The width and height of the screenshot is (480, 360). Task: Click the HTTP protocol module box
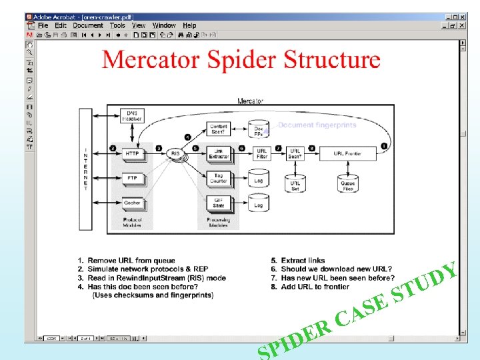(132, 154)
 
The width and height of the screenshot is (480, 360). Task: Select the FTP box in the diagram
(132, 178)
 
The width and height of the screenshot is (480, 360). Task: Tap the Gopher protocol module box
(132, 203)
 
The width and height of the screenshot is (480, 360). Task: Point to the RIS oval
(175, 154)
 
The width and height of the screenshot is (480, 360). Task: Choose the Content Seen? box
(219, 129)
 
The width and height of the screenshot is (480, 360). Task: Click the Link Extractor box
(219, 154)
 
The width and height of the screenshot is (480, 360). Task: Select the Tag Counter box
(219, 178)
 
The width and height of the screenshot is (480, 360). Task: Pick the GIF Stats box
(219, 201)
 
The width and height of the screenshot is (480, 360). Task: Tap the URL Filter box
(262, 154)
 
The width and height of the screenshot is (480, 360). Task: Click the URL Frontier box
(347, 154)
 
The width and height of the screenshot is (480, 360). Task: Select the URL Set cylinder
(295, 182)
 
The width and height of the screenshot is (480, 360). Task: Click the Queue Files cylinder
(347, 182)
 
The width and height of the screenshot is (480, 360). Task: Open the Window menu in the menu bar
(164, 25)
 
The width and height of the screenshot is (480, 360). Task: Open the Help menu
(190, 25)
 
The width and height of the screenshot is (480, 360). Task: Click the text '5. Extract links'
(298, 261)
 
